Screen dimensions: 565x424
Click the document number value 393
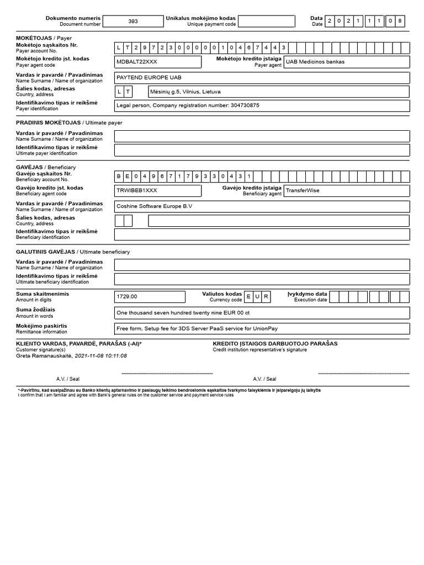pos(133,22)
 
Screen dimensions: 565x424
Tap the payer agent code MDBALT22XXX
pos(136,62)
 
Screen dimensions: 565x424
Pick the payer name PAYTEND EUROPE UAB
pos(149,78)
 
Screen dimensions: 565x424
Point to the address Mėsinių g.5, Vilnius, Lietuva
pos(185,92)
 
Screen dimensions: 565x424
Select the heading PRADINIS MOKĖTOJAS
pos(48,122)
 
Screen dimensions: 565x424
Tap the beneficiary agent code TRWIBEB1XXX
pos(136,190)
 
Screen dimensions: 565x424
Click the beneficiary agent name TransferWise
pos(303,190)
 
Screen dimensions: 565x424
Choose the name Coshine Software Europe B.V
pos(155,206)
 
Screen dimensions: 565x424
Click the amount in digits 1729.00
pos(127,297)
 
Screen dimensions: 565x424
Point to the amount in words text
pos(183,313)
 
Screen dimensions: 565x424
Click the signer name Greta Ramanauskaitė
pos(44,356)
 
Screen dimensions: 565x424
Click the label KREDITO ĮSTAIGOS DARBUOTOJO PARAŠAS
pos(275,343)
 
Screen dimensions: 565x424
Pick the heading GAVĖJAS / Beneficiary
pos(46,167)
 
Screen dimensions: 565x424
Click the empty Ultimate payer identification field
pos(262,150)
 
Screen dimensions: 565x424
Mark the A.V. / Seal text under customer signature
pos(67,379)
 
